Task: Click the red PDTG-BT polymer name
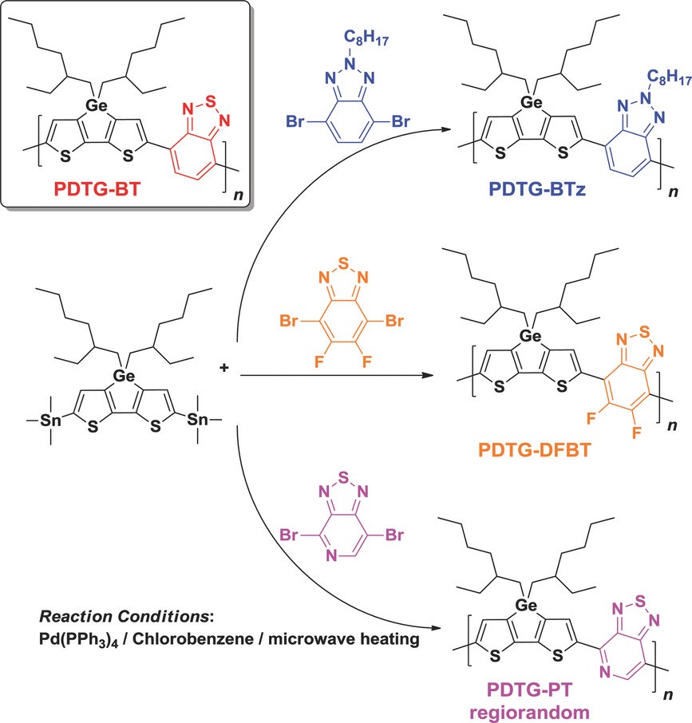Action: click(94, 191)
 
